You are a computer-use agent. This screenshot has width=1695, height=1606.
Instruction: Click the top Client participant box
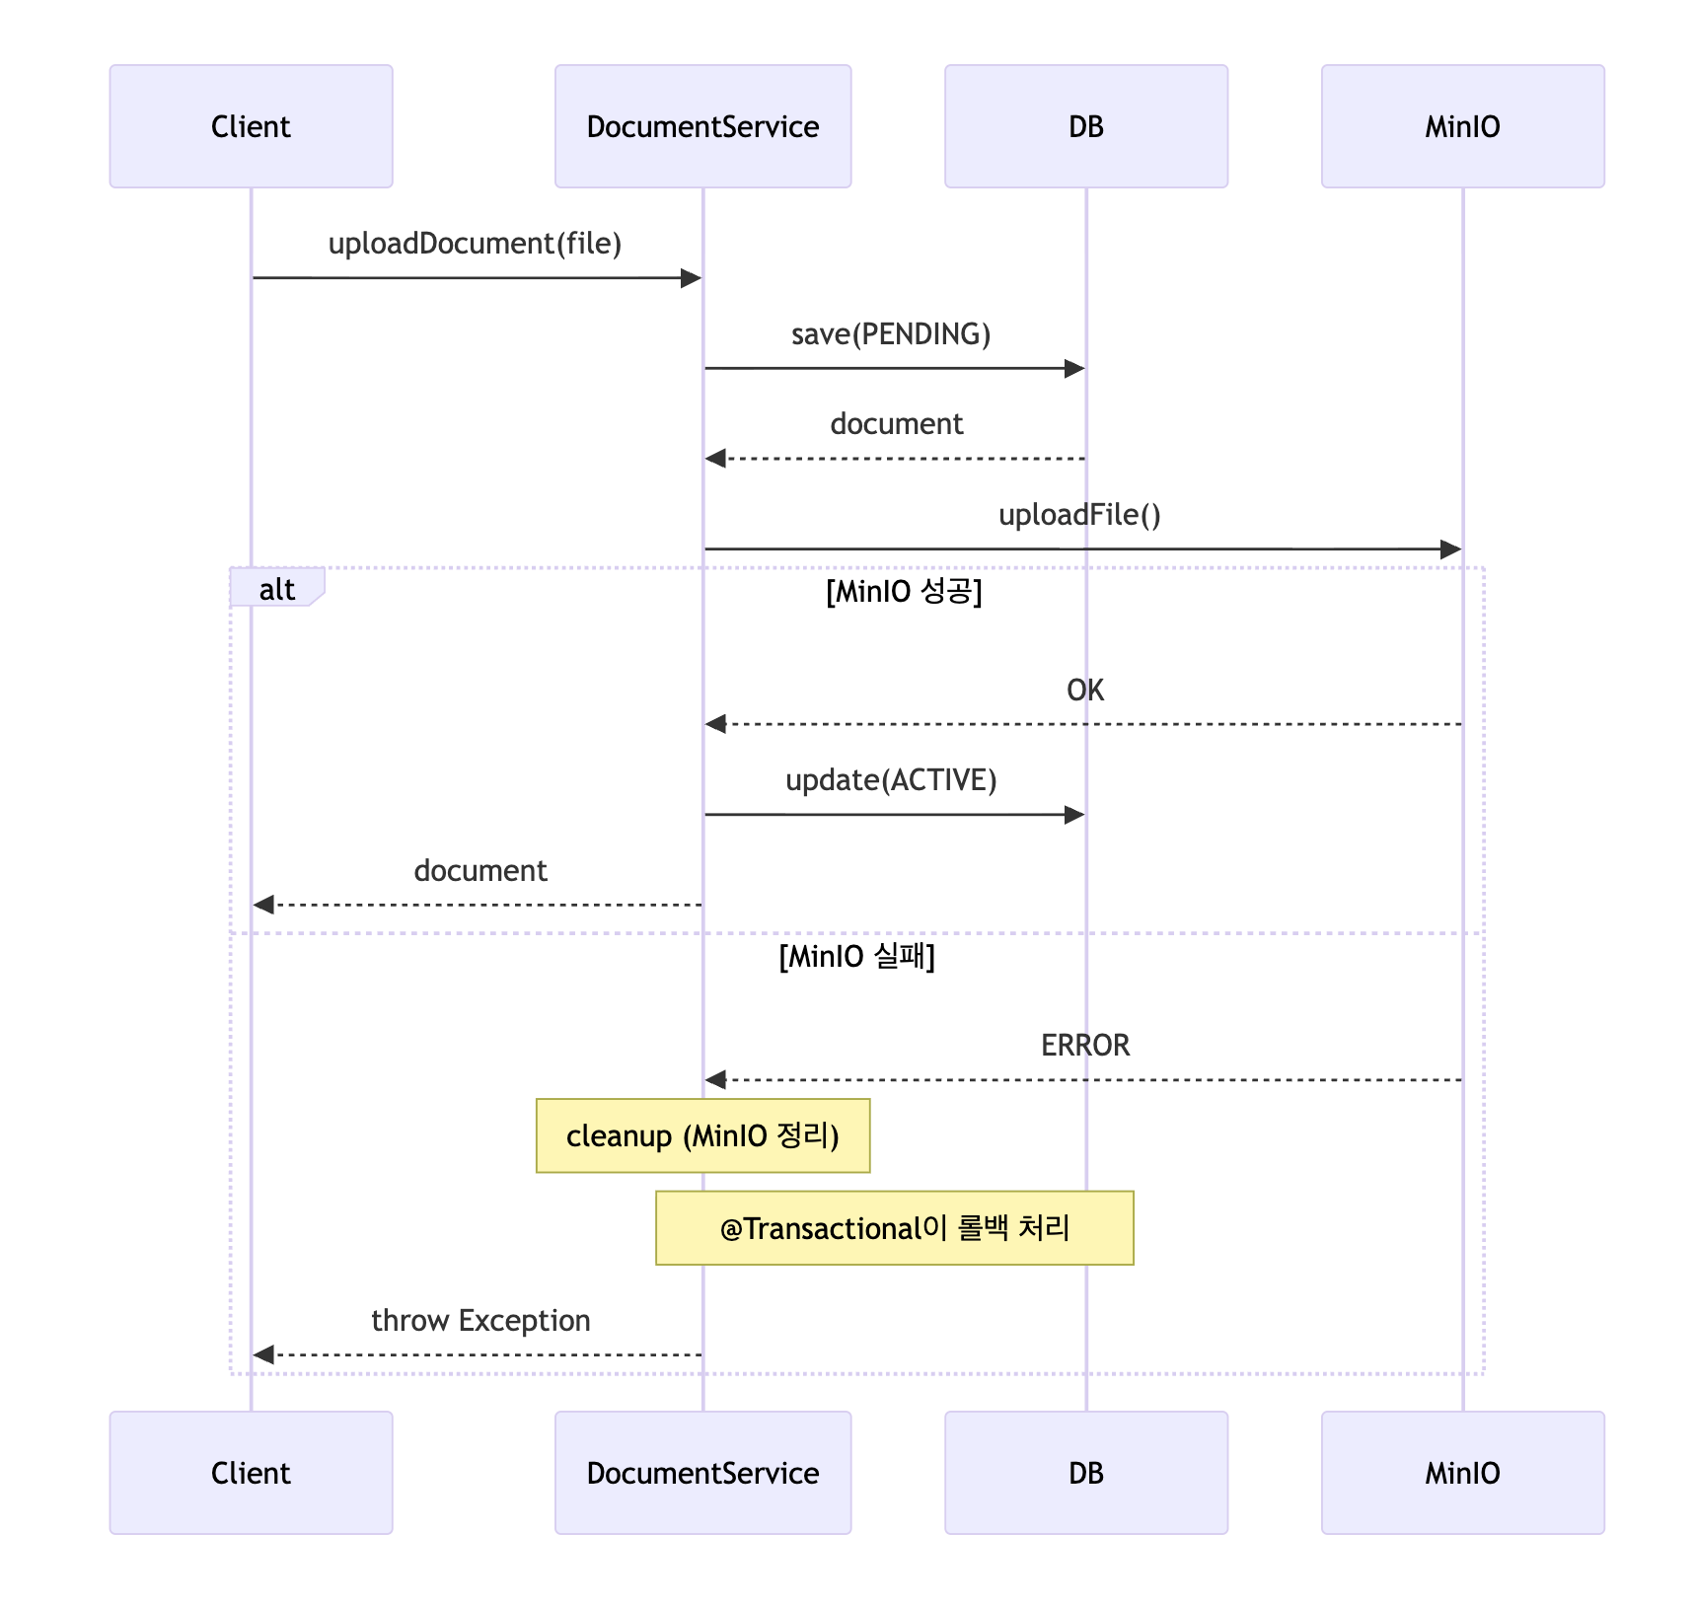pyautogui.click(x=251, y=126)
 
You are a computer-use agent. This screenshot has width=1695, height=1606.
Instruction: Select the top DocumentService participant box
pyautogui.click(x=702, y=126)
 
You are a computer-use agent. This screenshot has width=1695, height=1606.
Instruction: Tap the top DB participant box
pyautogui.click(x=1086, y=126)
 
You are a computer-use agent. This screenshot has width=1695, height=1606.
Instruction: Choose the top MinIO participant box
pyautogui.click(x=1462, y=126)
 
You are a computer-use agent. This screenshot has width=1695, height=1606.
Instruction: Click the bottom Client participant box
pyautogui.click(x=251, y=1473)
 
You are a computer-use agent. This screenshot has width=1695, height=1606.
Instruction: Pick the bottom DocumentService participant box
pyautogui.click(x=702, y=1473)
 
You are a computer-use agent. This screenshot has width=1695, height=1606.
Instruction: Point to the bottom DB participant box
pyautogui.click(x=1086, y=1473)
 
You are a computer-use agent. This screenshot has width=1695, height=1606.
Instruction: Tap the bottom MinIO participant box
pyautogui.click(x=1462, y=1473)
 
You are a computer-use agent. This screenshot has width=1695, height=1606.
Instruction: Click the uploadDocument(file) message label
pyautogui.click(x=475, y=244)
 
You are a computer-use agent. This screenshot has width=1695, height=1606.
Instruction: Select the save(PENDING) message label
pyautogui.click(x=891, y=334)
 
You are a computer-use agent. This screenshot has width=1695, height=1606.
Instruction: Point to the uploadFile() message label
pyautogui.click(x=1079, y=515)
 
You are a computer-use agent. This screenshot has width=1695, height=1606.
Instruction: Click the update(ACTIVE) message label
pyautogui.click(x=891, y=780)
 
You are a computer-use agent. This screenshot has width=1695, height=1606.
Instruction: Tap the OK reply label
pyautogui.click(x=1085, y=691)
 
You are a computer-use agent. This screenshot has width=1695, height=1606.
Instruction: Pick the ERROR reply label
pyautogui.click(x=1085, y=1046)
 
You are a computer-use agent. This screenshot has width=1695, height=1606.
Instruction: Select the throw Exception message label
pyautogui.click(x=480, y=1321)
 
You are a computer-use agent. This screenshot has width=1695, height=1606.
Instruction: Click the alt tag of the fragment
pyautogui.click(x=277, y=589)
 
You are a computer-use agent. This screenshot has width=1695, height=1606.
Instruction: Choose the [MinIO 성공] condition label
pyautogui.click(x=904, y=592)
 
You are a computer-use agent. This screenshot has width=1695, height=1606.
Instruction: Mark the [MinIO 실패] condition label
pyautogui.click(x=856, y=957)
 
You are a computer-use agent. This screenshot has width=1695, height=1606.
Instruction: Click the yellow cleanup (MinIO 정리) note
pyautogui.click(x=702, y=1135)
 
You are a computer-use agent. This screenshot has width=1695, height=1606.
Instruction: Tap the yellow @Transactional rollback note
pyautogui.click(x=895, y=1228)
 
